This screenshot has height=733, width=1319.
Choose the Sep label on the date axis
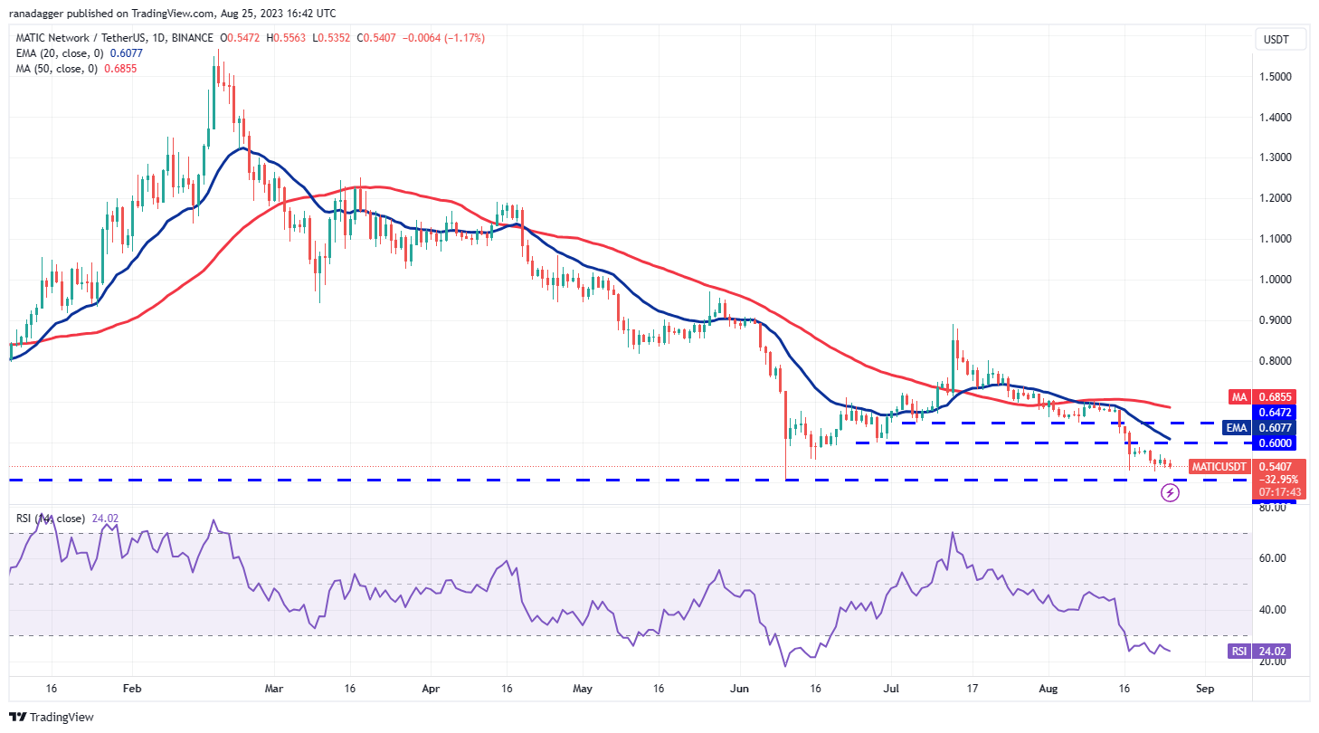pos(1203,688)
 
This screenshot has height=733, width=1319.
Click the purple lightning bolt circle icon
pos(1170,493)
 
